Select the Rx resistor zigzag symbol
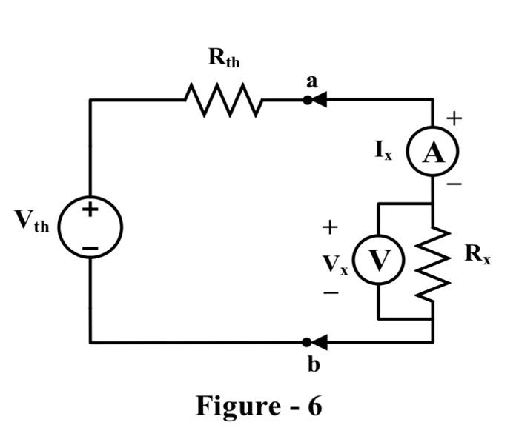[432, 264]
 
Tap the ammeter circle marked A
[433, 153]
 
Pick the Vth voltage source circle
[90, 227]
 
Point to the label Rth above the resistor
[224, 58]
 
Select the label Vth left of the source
[31, 220]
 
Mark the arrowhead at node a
[319, 100]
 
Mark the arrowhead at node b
[319, 342]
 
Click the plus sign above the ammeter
[454, 118]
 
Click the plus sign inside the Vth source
[90, 210]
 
